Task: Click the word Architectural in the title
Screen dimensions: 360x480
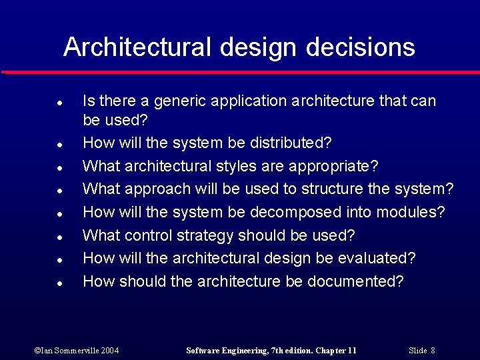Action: pyautogui.click(x=137, y=47)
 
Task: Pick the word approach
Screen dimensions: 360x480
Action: pyautogui.click(x=159, y=189)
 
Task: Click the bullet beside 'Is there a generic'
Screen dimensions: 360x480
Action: pyautogui.click(x=59, y=103)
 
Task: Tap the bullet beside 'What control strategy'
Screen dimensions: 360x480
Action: pyautogui.click(x=59, y=237)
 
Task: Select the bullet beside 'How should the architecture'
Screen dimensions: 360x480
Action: pyautogui.click(x=59, y=283)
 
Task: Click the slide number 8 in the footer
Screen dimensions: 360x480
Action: pyautogui.click(x=433, y=351)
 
